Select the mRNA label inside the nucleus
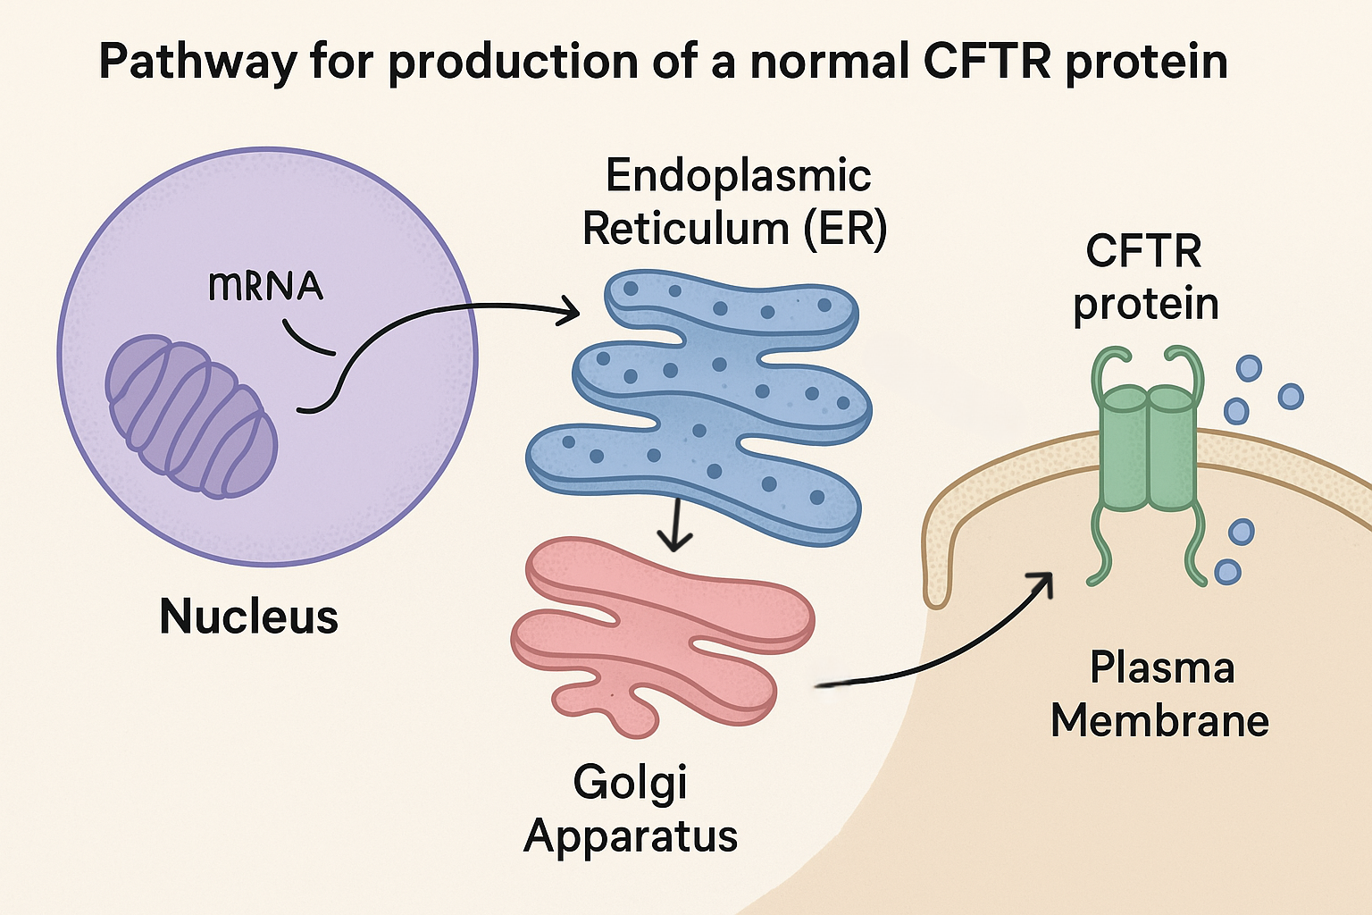pyautogui.click(x=265, y=286)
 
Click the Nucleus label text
pyautogui.click(x=248, y=617)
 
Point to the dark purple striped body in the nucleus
pyautogui.click(x=191, y=416)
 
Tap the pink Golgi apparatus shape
pyautogui.click(x=661, y=625)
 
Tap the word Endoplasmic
pyautogui.click(x=738, y=175)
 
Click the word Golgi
pyautogui.click(x=631, y=784)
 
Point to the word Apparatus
pyautogui.click(x=631, y=836)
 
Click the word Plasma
pyautogui.click(x=1162, y=668)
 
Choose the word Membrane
pyautogui.click(x=1159, y=720)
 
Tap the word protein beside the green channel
pyautogui.click(x=1146, y=304)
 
